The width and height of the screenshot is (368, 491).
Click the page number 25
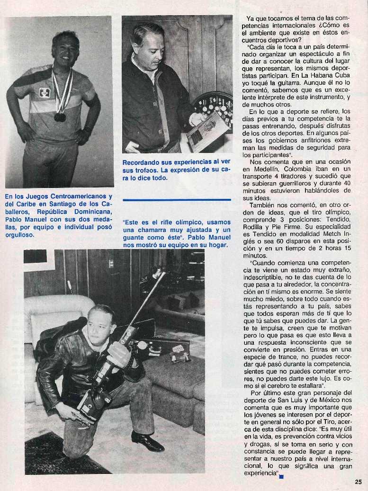(358, 482)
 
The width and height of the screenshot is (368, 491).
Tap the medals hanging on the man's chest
(60, 116)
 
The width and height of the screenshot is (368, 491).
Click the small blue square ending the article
(281, 477)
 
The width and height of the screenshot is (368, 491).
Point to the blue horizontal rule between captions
(177, 200)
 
